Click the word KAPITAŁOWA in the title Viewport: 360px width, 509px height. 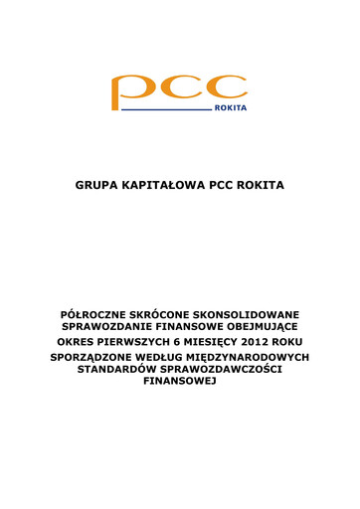164,185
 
